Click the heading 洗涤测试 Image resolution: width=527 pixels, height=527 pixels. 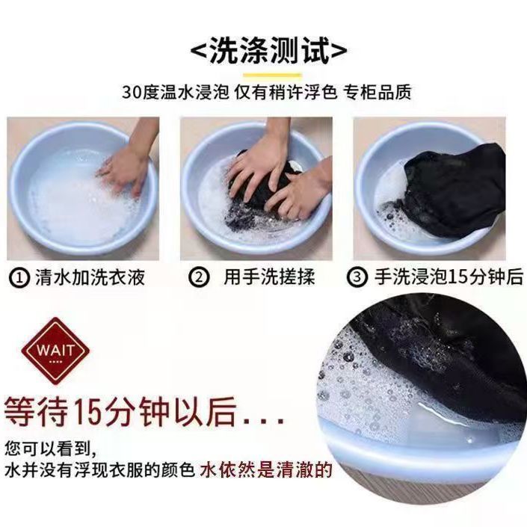[269, 50]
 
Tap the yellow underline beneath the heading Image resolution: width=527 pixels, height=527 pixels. [273, 75]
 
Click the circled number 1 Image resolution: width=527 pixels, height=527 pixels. [19, 278]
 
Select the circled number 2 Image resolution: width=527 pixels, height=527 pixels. [199, 278]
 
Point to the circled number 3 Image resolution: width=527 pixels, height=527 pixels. [357, 277]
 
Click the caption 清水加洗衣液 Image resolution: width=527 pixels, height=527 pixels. [90, 277]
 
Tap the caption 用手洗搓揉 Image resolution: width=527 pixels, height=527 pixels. [269, 277]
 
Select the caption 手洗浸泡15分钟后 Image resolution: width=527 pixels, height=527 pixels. [449, 277]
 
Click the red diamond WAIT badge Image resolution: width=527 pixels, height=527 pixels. [55, 351]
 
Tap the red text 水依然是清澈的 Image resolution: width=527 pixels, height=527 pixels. [266, 470]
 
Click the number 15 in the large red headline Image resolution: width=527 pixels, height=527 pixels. [87, 412]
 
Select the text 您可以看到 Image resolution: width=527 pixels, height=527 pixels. [47, 449]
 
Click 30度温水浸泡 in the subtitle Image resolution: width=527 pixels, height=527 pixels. [176, 92]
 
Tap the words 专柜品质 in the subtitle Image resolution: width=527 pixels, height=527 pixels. [377, 92]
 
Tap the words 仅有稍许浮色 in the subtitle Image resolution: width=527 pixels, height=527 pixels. [286, 92]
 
